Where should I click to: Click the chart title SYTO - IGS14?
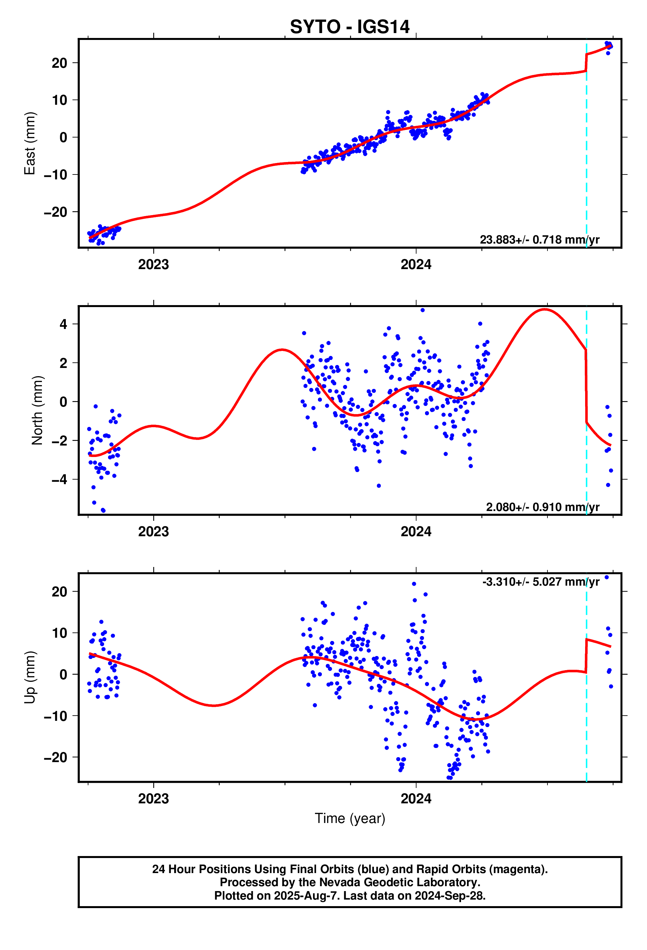pyautogui.click(x=349, y=27)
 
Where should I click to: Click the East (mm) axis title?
pyautogui.click(x=30, y=143)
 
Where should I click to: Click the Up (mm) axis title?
pyautogui.click(x=30, y=677)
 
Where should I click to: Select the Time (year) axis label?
pyautogui.click(x=350, y=818)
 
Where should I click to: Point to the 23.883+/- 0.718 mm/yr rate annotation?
pyautogui.click(x=539, y=240)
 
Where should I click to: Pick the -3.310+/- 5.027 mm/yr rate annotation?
pyautogui.click(x=541, y=581)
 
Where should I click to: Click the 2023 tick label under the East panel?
pyautogui.click(x=153, y=265)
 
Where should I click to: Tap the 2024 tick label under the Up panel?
pyautogui.click(x=416, y=798)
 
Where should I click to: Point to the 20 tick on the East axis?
pyautogui.click(x=59, y=63)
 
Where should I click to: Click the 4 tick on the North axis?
pyautogui.click(x=64, y=324)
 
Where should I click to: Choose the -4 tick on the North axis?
pyautogui.click(x=59, y=480)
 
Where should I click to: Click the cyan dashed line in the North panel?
pyautogui.click(x=586, y=450)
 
